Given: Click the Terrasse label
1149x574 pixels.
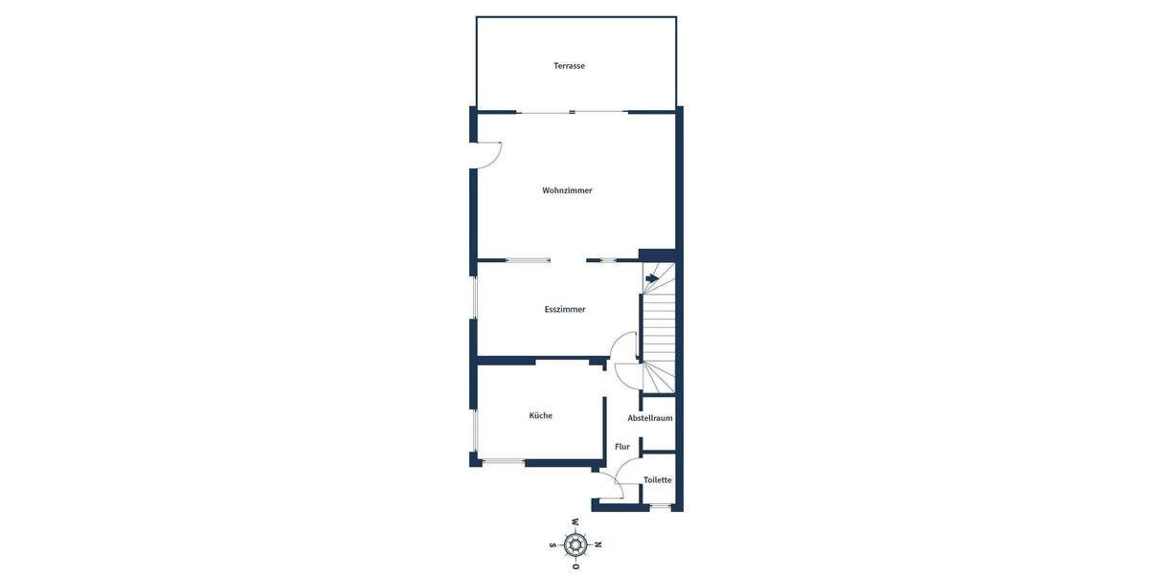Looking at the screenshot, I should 569,66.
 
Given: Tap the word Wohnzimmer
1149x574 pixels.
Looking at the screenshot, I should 567,190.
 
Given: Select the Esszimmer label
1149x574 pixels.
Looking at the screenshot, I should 565,309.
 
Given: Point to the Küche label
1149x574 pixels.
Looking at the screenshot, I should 541,415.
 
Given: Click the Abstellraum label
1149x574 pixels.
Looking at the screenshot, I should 650,418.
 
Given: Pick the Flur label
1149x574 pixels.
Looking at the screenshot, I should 622,447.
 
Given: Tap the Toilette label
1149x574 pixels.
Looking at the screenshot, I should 658,480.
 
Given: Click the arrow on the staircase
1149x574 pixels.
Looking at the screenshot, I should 652,278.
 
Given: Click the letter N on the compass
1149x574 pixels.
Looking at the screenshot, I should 598,545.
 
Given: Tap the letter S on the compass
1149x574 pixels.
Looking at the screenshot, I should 552,545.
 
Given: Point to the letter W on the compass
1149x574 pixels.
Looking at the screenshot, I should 575,522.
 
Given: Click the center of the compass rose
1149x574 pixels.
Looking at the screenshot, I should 575,545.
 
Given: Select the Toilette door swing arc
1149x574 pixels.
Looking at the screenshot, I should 627,470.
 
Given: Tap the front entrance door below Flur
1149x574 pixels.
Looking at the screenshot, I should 610,489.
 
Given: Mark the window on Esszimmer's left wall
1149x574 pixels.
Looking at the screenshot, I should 475,298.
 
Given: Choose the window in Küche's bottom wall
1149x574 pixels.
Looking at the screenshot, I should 503,463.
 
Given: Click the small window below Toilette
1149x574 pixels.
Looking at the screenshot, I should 659,506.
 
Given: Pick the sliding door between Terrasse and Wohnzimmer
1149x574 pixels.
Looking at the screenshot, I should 573,112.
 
